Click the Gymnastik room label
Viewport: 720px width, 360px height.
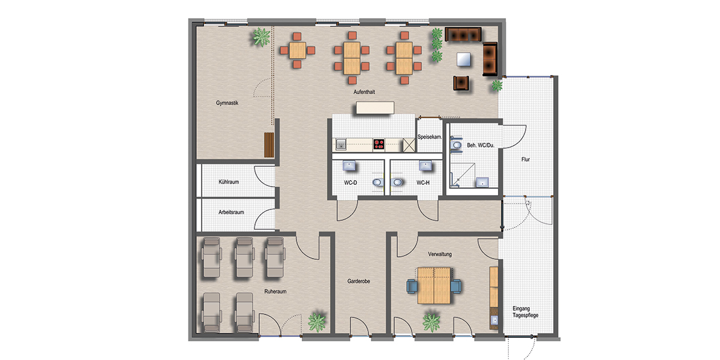(227, 103)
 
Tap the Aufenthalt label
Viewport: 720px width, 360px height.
(364, 92)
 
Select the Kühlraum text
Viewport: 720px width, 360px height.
(229, 182)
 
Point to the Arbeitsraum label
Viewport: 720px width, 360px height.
(231, 212)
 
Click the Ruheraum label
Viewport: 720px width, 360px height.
(275, 292)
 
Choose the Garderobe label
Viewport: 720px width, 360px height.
(359, 281)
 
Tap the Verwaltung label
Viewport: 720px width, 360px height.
(440, 254)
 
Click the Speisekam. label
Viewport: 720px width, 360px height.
(430, 137)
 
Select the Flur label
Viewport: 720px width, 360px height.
(526, 160)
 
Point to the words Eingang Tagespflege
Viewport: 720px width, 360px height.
(525, 312)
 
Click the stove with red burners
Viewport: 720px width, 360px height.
(379, 145)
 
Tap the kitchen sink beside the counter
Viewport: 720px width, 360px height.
(341, 145)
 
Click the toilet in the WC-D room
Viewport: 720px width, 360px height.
(378, 182)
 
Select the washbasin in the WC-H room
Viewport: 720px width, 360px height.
(425, 166)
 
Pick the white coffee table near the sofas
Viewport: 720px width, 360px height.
(464, 59)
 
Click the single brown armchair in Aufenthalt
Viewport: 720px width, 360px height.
(461, 83)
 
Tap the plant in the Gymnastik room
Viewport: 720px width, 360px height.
(262, 37)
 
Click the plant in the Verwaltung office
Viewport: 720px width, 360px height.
(431, 322)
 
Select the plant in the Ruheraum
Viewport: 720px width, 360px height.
(317, 322)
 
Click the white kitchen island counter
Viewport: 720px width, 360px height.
(375, 107)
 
